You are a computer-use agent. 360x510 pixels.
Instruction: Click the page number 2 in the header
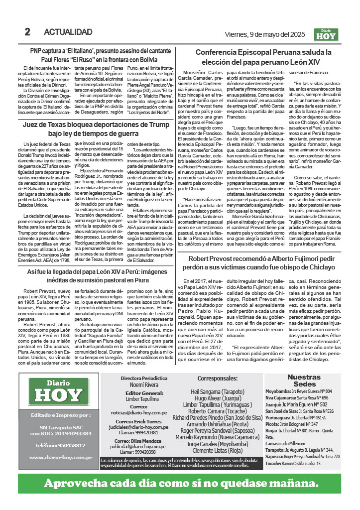click(x=27, y=32)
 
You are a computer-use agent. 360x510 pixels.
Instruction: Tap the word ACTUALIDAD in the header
click(x=68, y=32)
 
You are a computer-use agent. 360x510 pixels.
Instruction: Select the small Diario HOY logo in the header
click(x=326, y=34)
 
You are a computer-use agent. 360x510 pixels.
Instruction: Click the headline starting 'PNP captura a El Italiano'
click(x=100, y=55)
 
